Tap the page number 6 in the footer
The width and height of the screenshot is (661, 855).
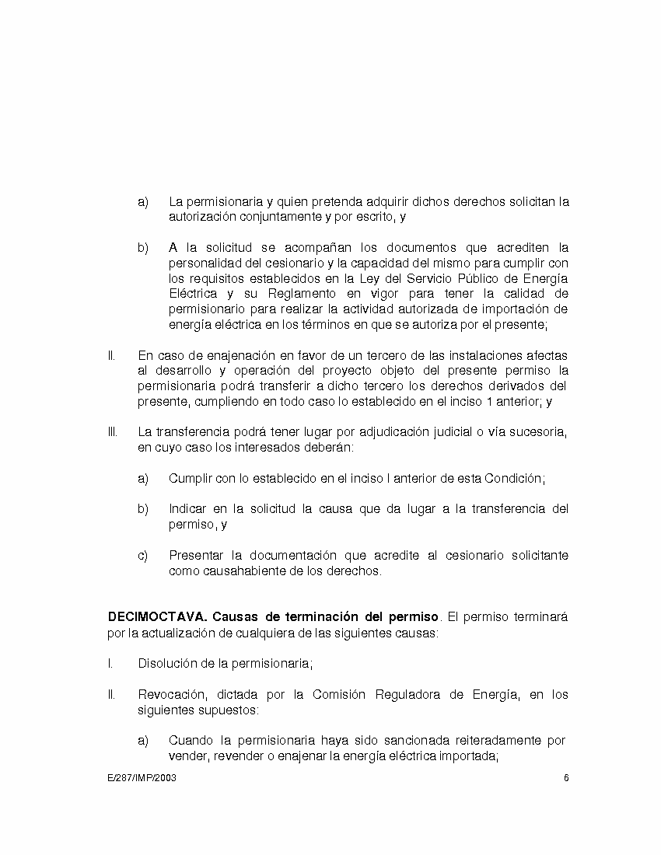pos(567,778)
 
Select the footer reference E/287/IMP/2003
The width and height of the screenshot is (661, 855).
pos(142,778)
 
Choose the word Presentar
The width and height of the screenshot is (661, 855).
pos(195,555)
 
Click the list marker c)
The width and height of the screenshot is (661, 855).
pos(143,555)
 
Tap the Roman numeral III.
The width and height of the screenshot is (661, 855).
pos(112,431)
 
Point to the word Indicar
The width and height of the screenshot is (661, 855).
pos(188,509)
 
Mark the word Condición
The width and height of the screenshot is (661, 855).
pos(513,478)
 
